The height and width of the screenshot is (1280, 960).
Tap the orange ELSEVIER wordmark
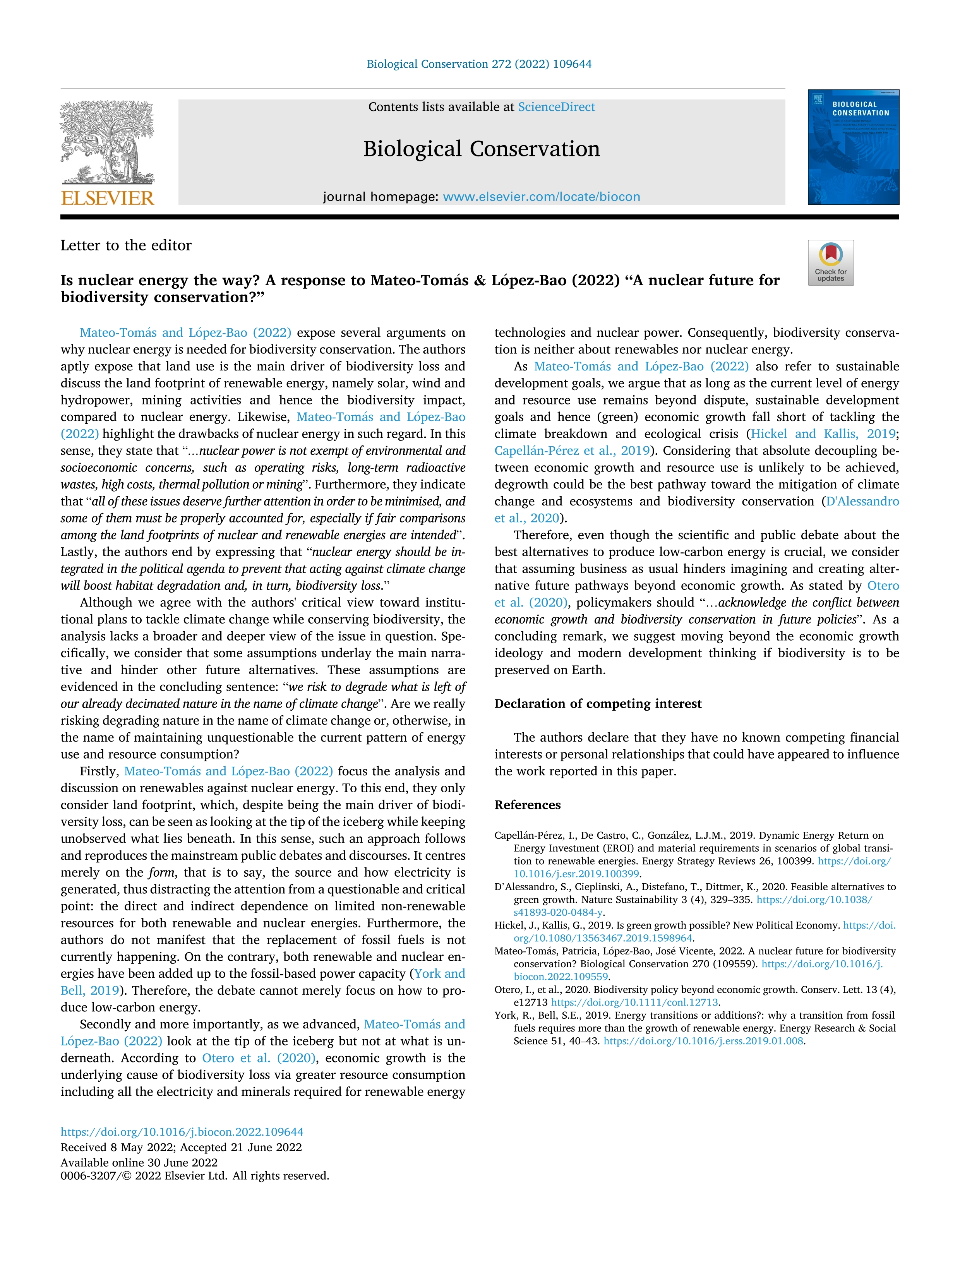(x=108, y=199)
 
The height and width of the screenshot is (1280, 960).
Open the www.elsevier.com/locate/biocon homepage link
(x=541, y=197)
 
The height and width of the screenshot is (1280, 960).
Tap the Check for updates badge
(x=830, y=263)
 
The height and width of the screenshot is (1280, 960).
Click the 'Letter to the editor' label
(x=126, y=245)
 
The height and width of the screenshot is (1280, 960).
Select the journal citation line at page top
(x=479, y=64)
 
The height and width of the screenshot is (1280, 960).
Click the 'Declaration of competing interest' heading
(x=597, y=704)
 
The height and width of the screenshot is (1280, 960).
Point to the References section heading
(x=527, y=805)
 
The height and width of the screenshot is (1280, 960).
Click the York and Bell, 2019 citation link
(x=439, y=974)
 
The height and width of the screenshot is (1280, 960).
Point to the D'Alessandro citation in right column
(x=862, y=502)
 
